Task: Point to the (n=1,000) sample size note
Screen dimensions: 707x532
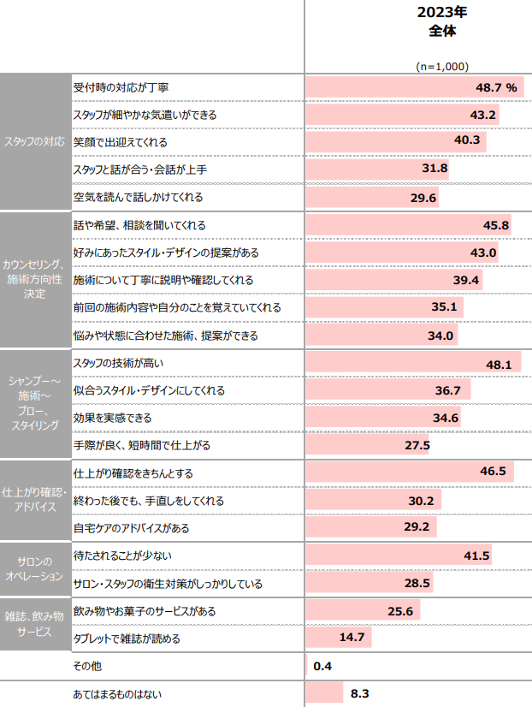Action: click(441, 66)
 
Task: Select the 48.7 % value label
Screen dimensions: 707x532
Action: click(497, 87)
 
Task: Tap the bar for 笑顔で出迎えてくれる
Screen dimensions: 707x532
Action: click(393, 142)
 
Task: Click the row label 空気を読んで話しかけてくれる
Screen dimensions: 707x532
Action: click(139, 197)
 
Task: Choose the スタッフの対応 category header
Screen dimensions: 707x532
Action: click(35, 142)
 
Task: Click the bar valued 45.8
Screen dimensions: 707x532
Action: click(406, 225)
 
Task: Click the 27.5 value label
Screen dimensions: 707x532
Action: click(417, 446)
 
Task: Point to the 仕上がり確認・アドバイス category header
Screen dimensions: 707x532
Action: click(35, 501)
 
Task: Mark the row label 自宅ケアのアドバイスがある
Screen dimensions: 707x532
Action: click(133, 528)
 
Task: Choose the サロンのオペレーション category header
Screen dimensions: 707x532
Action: click(35, 569)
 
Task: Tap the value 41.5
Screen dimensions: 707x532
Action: click(476, 555)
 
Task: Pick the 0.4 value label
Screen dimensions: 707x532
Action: click(322, 665)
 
